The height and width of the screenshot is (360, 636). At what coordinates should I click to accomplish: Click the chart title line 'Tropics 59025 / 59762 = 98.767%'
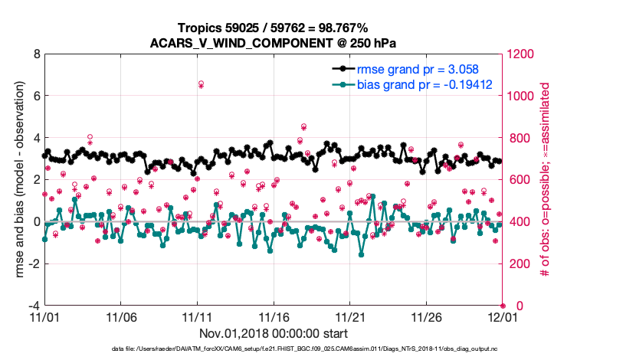click(x=273, y=28)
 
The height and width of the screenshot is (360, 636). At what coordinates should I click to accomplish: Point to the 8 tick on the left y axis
click(x=35, y=54)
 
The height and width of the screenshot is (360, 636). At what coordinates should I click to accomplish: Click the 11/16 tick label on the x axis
click(x=274, y=317)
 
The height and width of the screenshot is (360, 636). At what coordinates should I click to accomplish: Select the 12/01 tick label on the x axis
click(x=502, y=317)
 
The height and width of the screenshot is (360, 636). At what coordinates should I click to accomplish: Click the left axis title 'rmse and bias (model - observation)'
click(x=15, y=180)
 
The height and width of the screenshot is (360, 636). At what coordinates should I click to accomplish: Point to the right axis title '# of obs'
click(x=546, y=180)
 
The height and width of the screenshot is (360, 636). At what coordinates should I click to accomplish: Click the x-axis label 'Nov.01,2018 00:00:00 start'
click(x=274, y=333)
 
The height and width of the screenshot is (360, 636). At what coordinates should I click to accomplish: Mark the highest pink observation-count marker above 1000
click(x=201, y=83)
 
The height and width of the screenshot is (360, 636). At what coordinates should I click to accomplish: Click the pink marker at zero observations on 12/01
click(x=503, y=306)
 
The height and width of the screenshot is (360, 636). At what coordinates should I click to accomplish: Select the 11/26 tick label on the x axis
click(x=426, y=317)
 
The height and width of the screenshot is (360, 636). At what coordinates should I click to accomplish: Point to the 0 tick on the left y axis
click(x=35, y=222)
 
